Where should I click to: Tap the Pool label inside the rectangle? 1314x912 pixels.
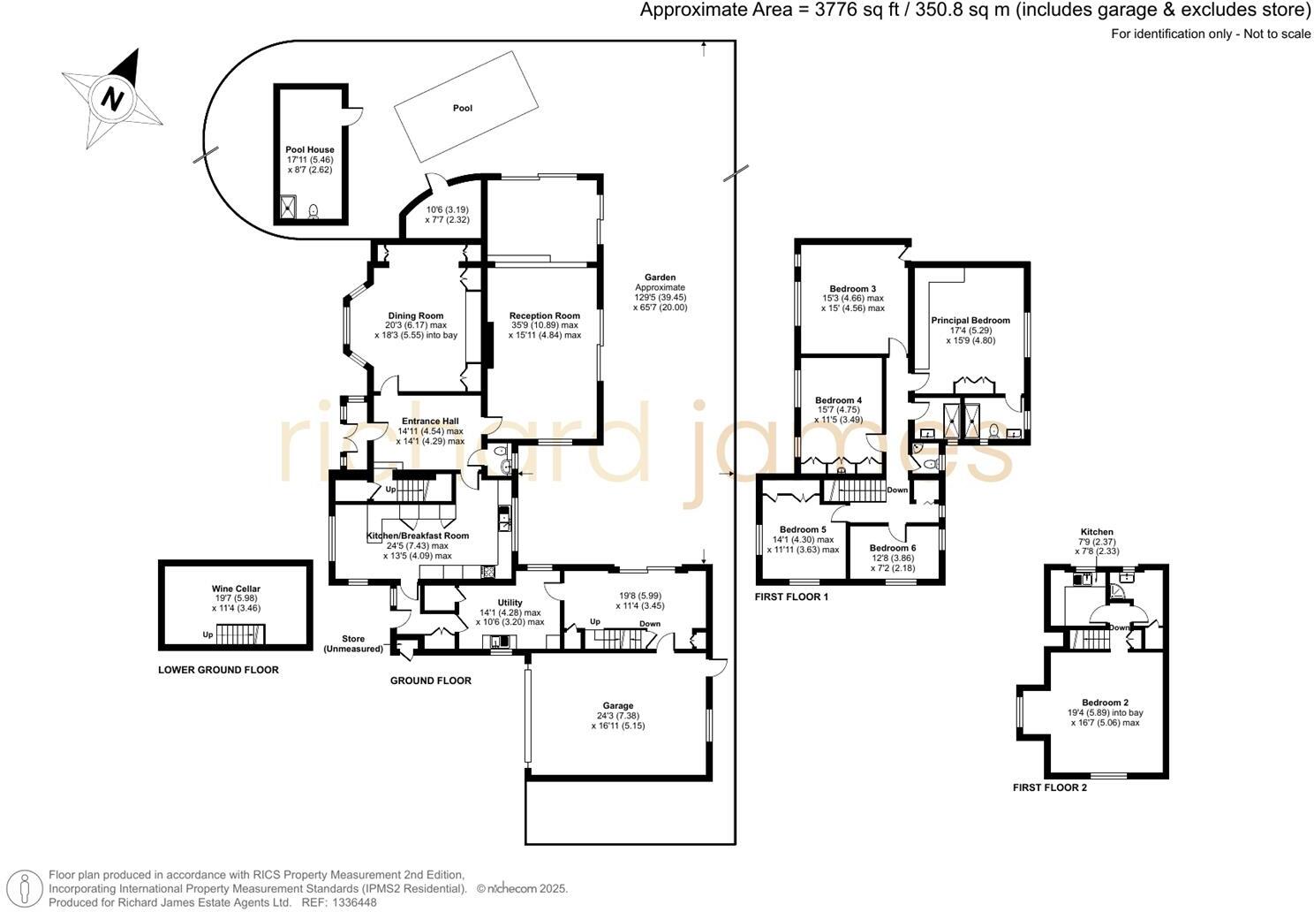pyautogui.click(x=463, y=108)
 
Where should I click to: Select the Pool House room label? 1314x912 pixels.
pyautogui.click(x=309, y=150)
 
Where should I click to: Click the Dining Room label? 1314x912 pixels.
pyautogui.click(x=415, y=315)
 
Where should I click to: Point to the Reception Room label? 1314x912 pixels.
pyautogui.click(x=544, y=315)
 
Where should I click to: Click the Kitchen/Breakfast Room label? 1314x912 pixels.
pyautogui.click(x=418, y=536)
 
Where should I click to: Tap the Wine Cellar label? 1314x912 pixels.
pyautogui.click(x=236, y=589)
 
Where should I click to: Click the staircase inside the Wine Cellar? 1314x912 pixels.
pyautogui.click(x=240, y=635)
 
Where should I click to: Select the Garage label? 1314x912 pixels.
pyautogui.click(x=617, y=706)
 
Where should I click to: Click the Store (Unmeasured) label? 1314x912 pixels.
pyautogui.click(x=354, y=643)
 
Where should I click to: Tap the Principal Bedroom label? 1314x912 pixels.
pyautogui.click(x=970, y=321)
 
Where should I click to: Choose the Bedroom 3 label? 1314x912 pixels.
pyautogui.click(x=852, y=289)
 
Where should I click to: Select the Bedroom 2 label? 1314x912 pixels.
pyautogui.click(x=1106, y=703)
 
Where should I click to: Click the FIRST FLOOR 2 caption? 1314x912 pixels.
pyautogui.click(x=1049, y=787)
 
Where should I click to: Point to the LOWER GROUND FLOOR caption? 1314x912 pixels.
pyautogui.click(x=218, y=670)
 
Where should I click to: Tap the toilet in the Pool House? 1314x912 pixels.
pyautogui.click(x=313, y=211)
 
